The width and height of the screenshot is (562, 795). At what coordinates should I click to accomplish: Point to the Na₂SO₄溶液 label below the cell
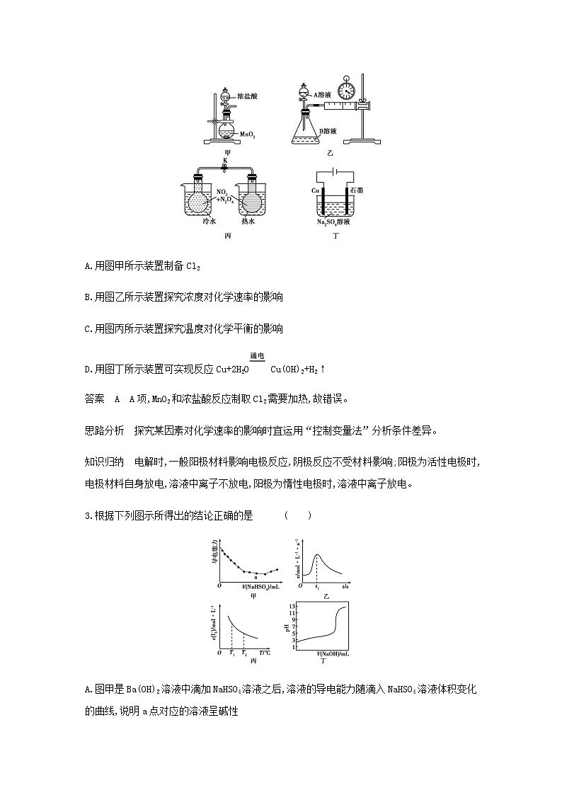335,222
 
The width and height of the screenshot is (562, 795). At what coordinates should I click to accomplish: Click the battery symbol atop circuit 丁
334,171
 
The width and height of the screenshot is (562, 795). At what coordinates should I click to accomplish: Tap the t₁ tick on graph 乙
317,588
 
